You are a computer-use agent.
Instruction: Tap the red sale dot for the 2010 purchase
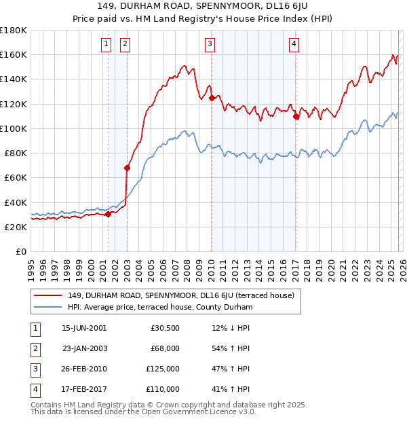pyautogui.click(x=212, y=98)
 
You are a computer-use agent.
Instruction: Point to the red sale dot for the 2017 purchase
pyautogui.click(x=296, y=116)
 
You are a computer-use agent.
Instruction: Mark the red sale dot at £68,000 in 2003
pyautogui.click(x=127, y=168)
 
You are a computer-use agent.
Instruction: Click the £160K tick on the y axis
pyautogui.click(x=14, y=54)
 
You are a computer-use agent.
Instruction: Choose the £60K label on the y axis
pyautogui.click(x=16, y=177)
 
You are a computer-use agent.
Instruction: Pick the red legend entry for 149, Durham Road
pyautogui.click(x=180, y=295)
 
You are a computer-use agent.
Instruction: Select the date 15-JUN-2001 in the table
pyautogui.click(x=83, y=328)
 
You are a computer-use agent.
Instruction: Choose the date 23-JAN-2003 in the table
pyautogui.click(x=83, y=348)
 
